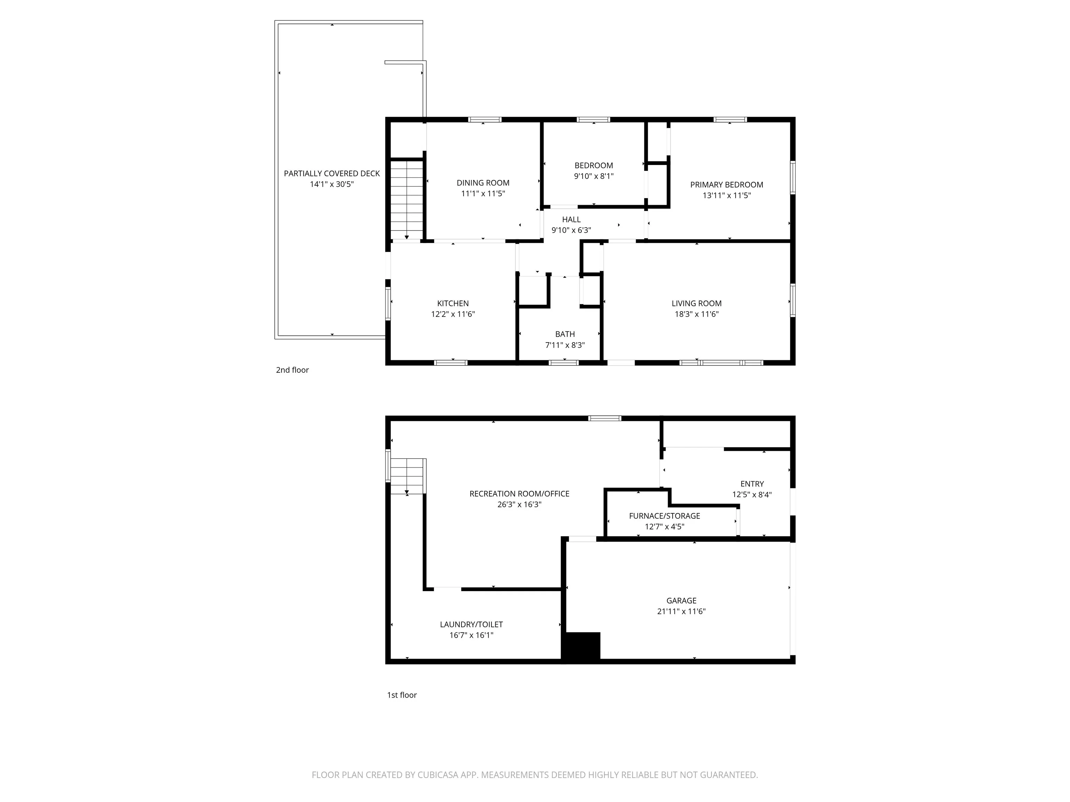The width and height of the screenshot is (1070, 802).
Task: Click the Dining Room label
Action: tap(483, 183)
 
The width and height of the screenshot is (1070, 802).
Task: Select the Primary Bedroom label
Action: tap(727, 185)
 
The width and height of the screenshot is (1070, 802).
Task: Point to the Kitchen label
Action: tap(453, 304)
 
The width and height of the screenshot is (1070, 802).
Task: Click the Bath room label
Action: tap(565, 334)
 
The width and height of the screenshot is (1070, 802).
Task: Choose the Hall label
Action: tap(571, 220)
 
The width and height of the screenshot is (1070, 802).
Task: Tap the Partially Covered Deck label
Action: tap(332, 174)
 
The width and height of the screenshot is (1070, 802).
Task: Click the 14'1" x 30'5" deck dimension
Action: tap(332, 184)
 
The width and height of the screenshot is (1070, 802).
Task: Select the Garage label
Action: tap(682, 600)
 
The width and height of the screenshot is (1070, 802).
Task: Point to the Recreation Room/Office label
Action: tap(520, 494)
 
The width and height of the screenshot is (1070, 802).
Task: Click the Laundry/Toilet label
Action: tap(471, 624)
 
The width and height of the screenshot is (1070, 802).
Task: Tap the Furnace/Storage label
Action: tap(665, 516)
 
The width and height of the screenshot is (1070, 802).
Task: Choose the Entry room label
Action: tap(752, 484)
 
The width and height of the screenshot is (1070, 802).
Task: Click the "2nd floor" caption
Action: tap(292, 370)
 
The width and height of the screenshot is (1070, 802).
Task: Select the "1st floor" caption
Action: tap(402, 695)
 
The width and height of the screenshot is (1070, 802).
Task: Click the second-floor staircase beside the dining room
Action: tap(407, 200)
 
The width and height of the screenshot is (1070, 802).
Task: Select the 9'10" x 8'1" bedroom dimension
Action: tap(594, 176)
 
